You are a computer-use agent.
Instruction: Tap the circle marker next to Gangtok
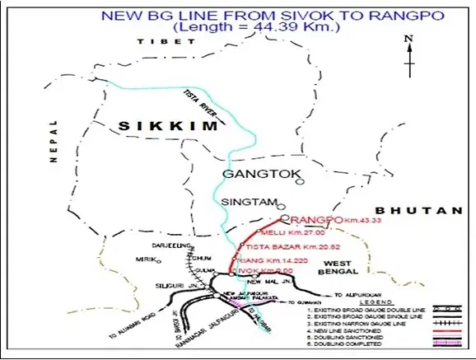(300, 181)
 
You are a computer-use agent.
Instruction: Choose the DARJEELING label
(172, 245)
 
